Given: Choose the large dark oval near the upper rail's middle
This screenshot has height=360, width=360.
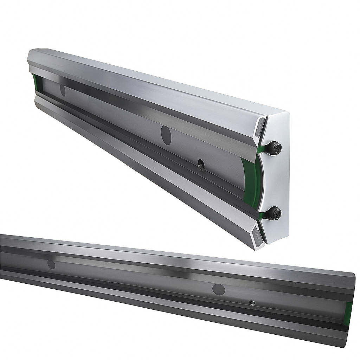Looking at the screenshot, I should pyautogui.click(x=166, y=135).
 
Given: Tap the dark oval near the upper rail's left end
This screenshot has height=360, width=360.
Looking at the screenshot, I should pyautogui.click(x=63, y=90).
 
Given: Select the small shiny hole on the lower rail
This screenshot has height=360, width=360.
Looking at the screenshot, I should pyautogui.click(x=252, y=302).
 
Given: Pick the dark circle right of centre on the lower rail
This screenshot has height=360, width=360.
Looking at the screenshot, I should pyautogui.click(x=219, y=290).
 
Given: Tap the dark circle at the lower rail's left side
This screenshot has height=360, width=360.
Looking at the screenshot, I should pyautogui.click(x=51, y=264).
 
